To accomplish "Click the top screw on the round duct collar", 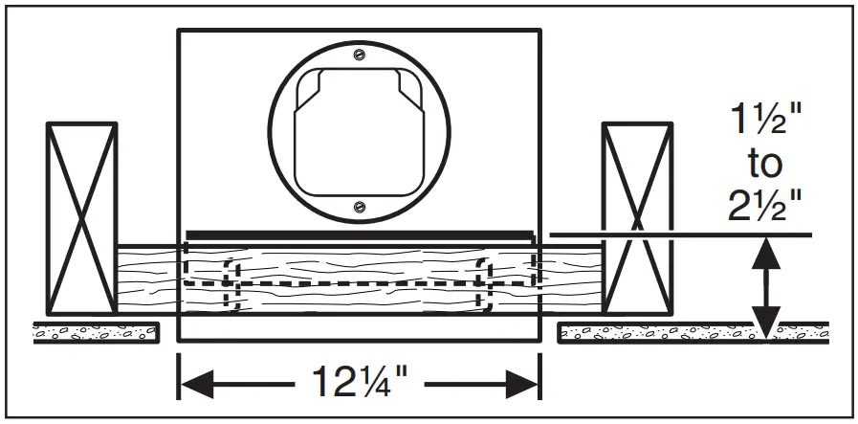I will (359, 54).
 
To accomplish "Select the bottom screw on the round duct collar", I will (359, 205).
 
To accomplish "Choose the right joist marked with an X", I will (637, 219).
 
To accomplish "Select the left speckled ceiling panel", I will (96, 332).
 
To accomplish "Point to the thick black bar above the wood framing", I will (359, 234).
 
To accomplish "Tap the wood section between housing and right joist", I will (571, 278).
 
